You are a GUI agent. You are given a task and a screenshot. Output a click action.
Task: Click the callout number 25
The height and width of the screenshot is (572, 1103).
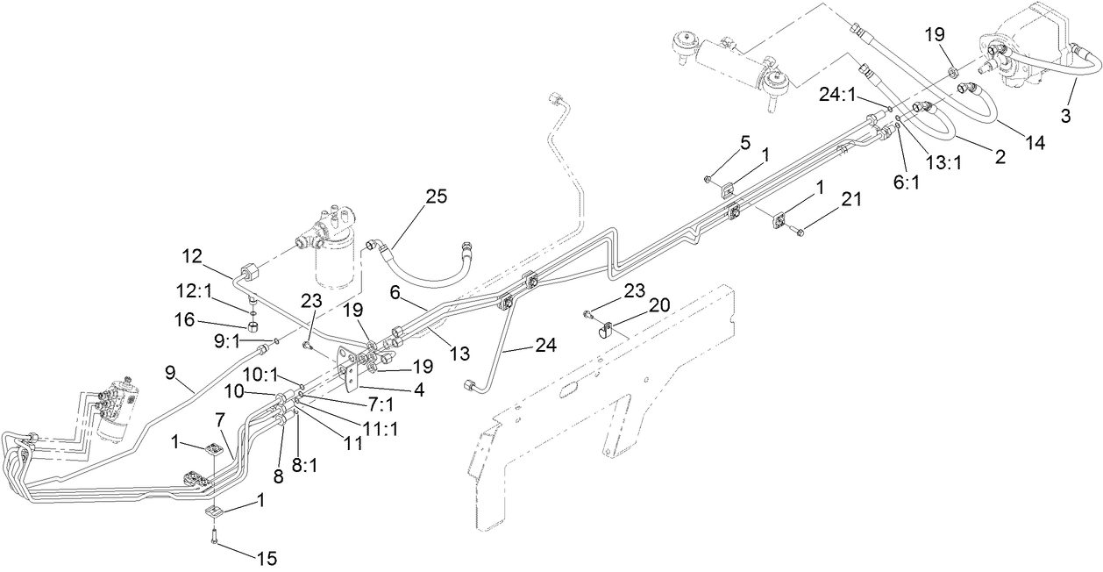click(436, 197)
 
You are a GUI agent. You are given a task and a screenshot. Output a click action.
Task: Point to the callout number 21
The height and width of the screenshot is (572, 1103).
click(850, 199)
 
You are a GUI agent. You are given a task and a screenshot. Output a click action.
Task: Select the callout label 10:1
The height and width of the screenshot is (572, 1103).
click(260, 375)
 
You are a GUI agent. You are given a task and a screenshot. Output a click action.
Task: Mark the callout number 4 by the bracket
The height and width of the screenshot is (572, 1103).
click(419, 390)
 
